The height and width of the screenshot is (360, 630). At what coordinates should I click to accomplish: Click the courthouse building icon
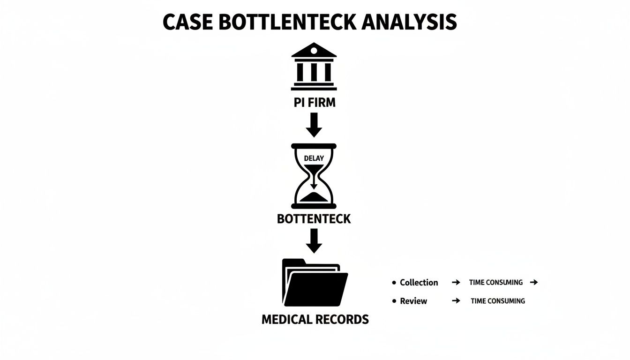point(314,67)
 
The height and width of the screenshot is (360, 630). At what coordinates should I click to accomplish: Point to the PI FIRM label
point(315,103)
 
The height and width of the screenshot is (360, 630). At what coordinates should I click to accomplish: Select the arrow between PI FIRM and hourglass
point(314,125)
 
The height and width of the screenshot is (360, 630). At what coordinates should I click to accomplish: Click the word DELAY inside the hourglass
point(314,158)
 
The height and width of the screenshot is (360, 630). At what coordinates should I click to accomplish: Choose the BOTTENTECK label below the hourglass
point(314,219)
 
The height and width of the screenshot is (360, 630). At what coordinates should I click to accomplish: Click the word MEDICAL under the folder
point(286,320)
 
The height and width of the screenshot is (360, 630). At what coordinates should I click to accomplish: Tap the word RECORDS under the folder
point(343,320)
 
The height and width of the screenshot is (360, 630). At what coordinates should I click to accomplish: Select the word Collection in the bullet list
point(419,283)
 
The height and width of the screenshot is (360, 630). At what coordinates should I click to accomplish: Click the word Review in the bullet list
point(413,301)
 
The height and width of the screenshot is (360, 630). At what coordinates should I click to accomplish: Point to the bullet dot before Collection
point(394,283)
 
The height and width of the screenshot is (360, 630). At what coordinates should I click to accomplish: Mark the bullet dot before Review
point(394,301)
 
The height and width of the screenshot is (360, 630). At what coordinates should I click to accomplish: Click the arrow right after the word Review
point(456,301)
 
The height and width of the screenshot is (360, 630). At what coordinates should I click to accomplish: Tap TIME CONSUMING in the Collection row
point(495,283)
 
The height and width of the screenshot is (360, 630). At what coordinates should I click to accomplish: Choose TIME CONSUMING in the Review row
point(498,301)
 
